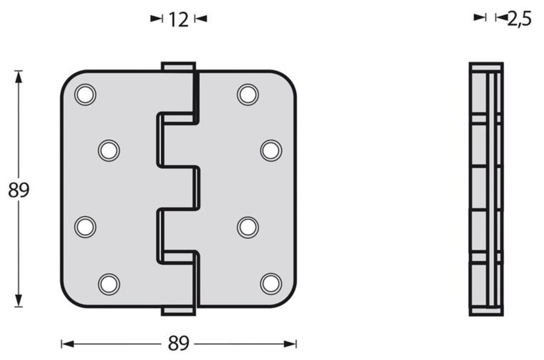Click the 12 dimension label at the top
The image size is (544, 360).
point(178,19)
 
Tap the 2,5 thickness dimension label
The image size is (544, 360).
point(519,19)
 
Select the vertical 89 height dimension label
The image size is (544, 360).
point(18,190)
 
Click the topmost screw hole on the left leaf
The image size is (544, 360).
point(85,94)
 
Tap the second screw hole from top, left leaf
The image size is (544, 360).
point(109,150)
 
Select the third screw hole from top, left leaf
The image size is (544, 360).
point(85,227)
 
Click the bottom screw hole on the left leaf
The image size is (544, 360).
point(109,284)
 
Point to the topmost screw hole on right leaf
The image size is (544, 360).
point(248,94)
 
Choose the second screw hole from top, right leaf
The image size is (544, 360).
point(271,150)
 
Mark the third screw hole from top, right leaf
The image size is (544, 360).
point(248,227)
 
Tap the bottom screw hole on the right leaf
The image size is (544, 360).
point(271,284)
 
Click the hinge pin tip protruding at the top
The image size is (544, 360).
point(178,67)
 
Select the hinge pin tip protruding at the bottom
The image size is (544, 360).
point(178,311)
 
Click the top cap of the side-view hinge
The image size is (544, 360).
point(486,67)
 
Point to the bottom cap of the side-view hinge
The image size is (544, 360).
point(486,311)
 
